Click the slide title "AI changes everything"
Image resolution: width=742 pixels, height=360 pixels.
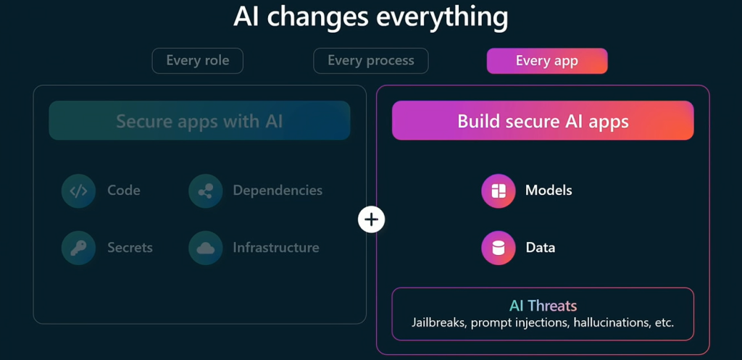click(370, 17)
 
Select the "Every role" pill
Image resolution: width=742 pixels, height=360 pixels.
click(197, 61)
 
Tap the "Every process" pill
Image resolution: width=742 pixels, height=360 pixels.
click(370, 61)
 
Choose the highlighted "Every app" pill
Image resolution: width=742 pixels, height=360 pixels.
click(547, 61)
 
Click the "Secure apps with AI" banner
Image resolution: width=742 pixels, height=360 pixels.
click(199, 121)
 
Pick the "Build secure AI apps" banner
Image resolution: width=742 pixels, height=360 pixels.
click(543, 121)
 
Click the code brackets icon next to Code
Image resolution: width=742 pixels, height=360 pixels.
click(78, 191)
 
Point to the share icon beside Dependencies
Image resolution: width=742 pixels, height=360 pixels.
click(205, 191)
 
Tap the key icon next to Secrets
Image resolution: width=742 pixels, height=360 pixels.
click(78, 248)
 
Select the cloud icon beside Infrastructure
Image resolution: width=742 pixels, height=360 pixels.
click(205, 248)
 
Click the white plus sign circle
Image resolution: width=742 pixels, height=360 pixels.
click(372, 219)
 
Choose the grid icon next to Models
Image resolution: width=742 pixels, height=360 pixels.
click(499, 191)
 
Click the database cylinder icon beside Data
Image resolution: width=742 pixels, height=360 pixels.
click(499, 248)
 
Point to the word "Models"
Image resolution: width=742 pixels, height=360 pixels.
click(549, 191)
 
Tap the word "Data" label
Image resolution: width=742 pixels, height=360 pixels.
click(541, 248)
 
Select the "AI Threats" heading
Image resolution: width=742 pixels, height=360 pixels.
click(543, 306)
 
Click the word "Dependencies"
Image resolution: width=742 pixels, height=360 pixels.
click(278, 191)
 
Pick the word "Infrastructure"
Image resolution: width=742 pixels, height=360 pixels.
click(276, 248)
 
